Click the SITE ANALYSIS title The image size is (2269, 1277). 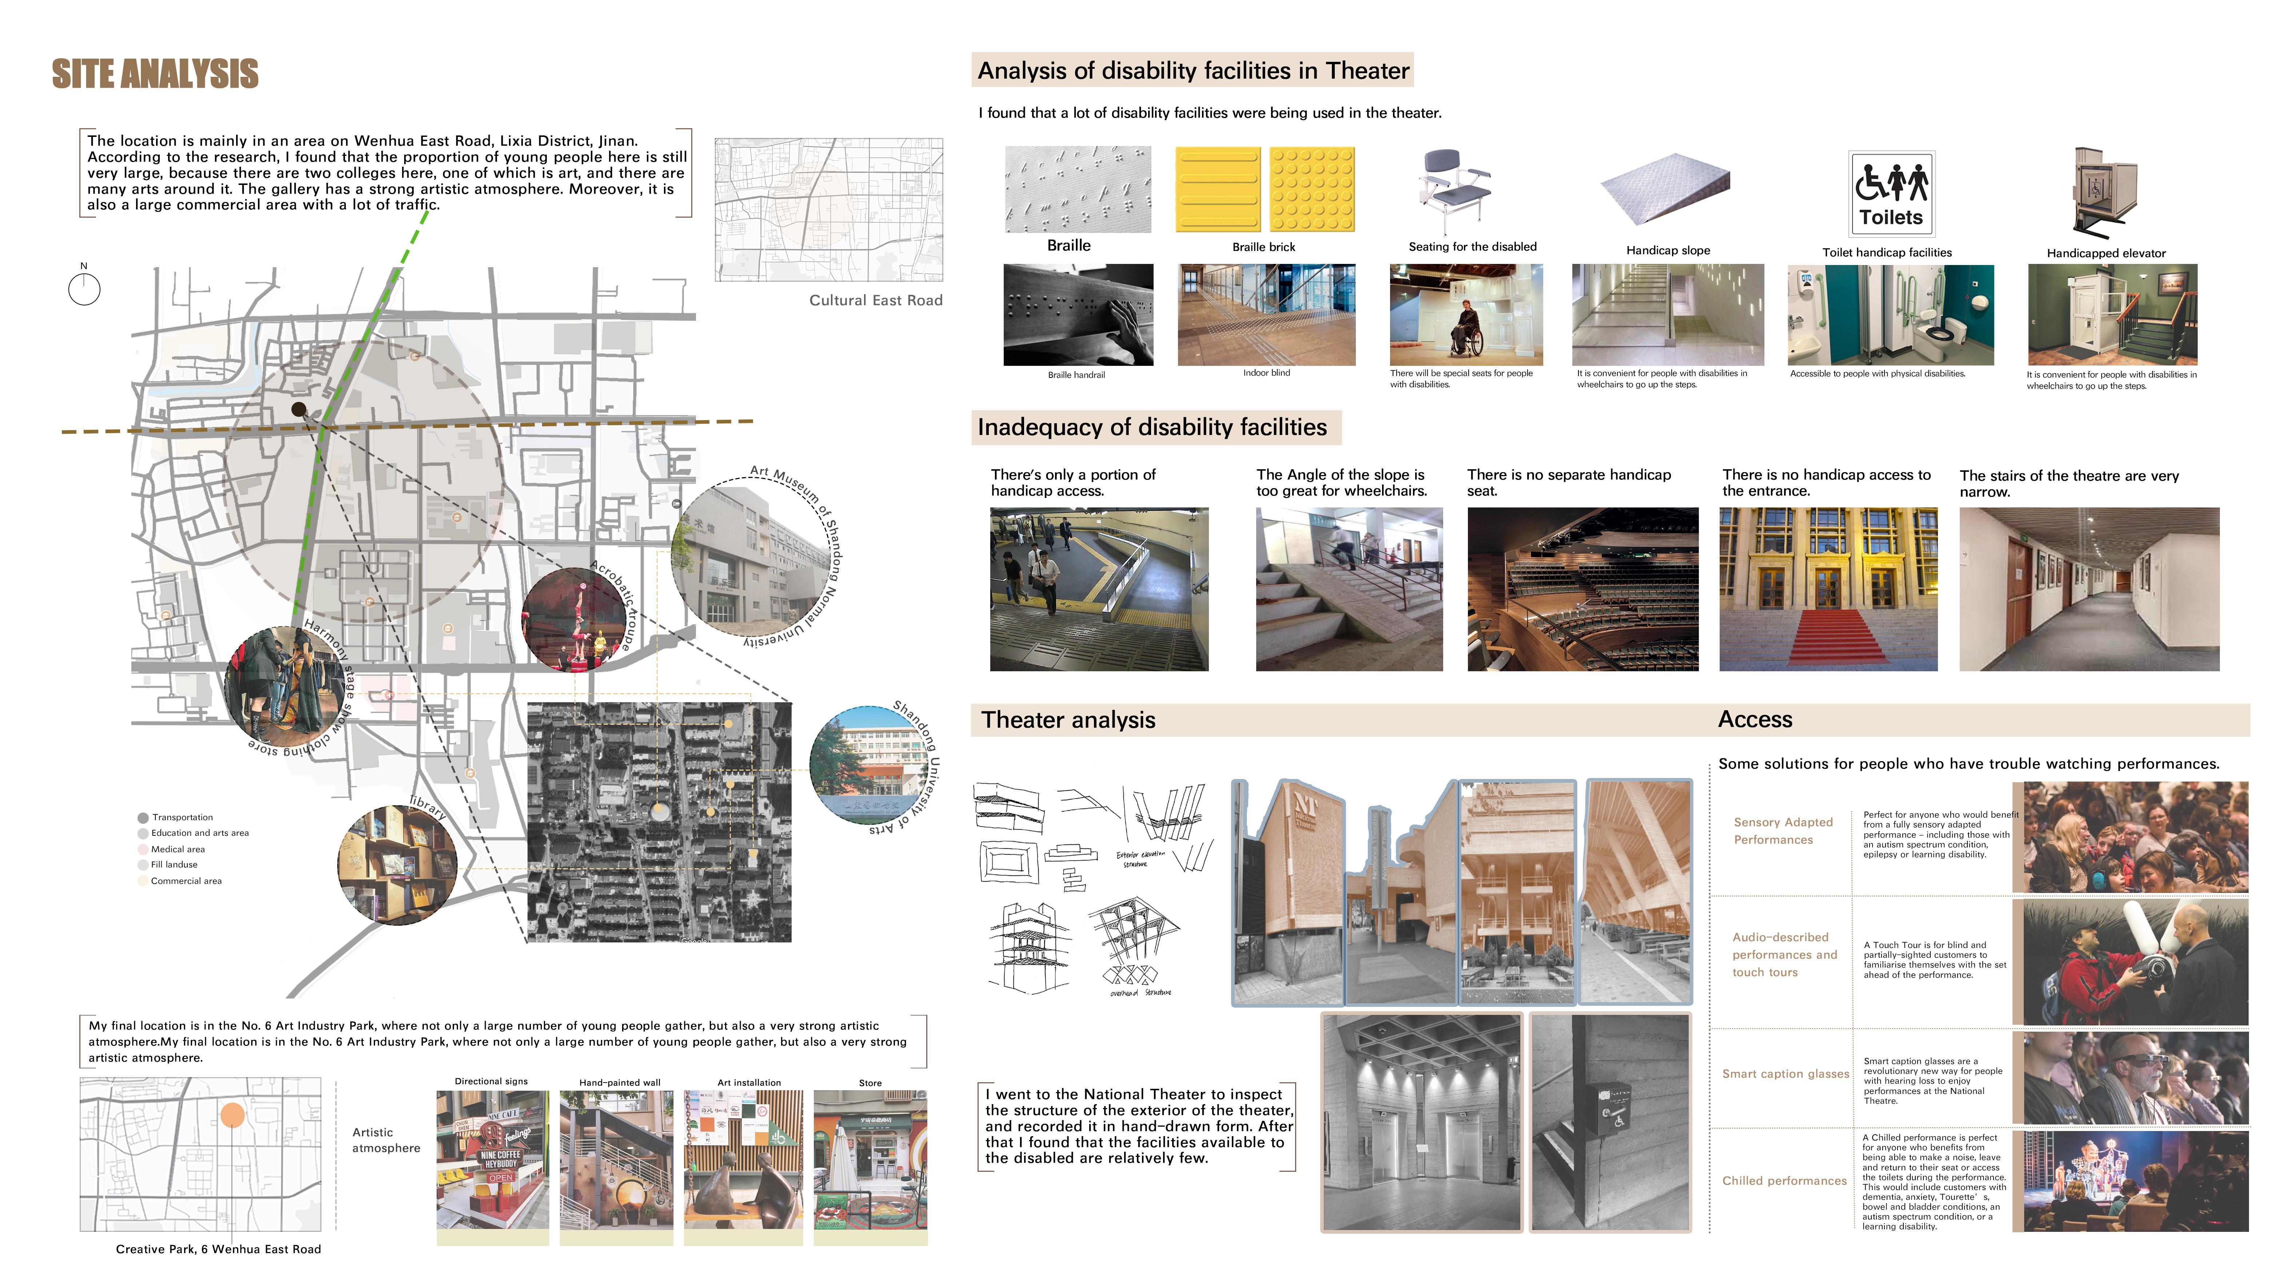[x=155, y=74]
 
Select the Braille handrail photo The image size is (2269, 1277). [x=1077, y=315]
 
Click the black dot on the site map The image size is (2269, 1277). [x=299, y=409]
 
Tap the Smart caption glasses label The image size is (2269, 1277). [x=1784, y=1074]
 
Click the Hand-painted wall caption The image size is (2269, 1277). [x=619, y=1082]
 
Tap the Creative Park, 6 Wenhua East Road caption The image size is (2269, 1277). [x=218, y=1249]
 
